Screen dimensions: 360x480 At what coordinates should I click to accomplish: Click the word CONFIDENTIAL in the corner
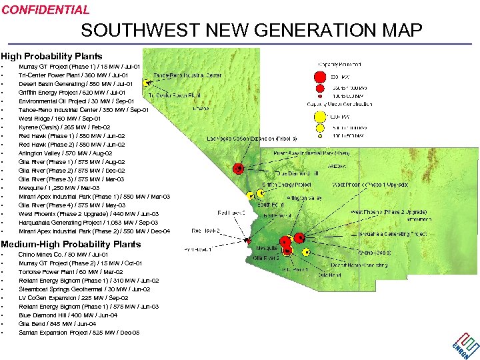point(45,10)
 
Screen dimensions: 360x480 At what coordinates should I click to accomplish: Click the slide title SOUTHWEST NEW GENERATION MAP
point(251,31)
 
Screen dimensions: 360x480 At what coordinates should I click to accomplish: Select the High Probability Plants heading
point(52,56)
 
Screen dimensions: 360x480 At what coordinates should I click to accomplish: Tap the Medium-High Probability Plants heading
point(71,244)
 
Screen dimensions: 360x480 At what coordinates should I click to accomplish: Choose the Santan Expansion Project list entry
point(79,333)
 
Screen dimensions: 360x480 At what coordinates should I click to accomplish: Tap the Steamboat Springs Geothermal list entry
point(84,289)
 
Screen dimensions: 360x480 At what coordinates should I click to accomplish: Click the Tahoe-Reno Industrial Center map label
point(188,75)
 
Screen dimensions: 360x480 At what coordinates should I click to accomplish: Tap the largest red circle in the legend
point(320,76)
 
